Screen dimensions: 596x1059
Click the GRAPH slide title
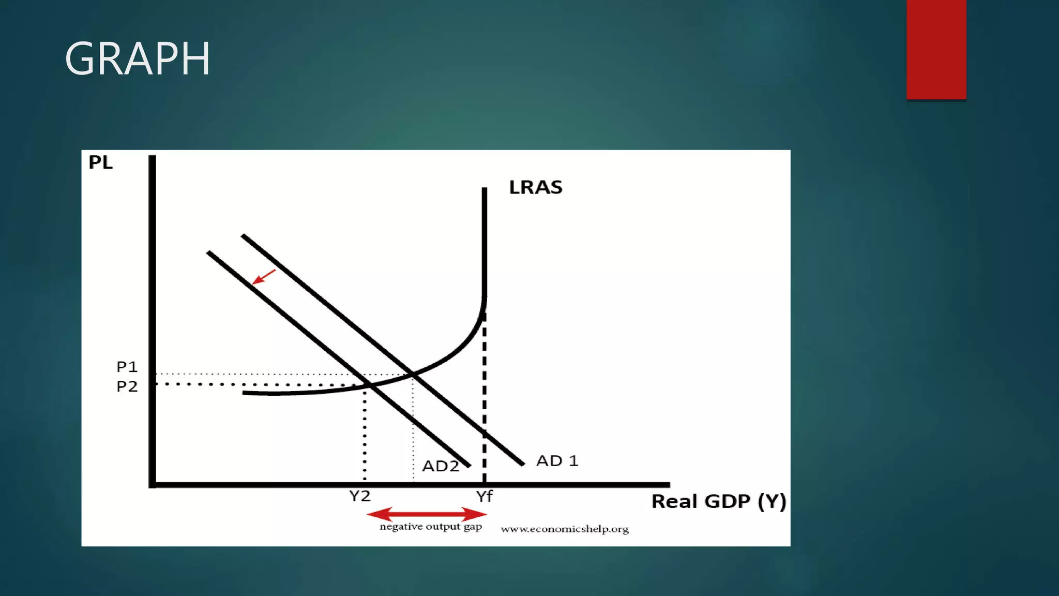point(138,59)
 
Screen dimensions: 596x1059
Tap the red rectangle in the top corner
point(936,49)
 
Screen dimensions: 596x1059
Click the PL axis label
point(100,162)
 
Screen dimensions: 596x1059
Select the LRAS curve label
point(536,187)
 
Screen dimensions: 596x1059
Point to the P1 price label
point(127,367)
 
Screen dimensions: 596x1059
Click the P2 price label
point(127,386)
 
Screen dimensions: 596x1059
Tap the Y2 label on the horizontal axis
point(360,496)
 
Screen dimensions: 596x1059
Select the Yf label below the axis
point(485,497)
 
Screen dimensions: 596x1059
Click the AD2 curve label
point(441,466)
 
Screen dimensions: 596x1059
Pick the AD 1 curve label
point(557,460)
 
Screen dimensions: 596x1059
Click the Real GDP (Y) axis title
point(718,501)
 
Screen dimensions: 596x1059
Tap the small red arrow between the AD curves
point(263,277)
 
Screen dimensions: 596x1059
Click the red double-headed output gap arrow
point(427,514)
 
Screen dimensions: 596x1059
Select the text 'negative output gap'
point(431,527)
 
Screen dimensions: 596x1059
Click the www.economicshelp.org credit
point(565,529)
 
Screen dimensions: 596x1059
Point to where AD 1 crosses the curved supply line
point(412,373)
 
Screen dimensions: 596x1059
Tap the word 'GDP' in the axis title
point(727,501)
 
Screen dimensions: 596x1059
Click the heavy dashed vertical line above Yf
point(485,393)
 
